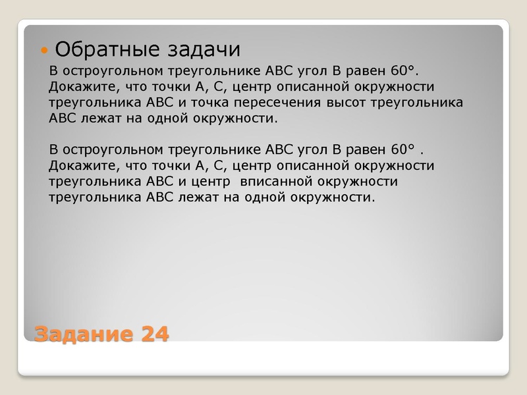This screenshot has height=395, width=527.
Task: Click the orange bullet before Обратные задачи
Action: [45, 50]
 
